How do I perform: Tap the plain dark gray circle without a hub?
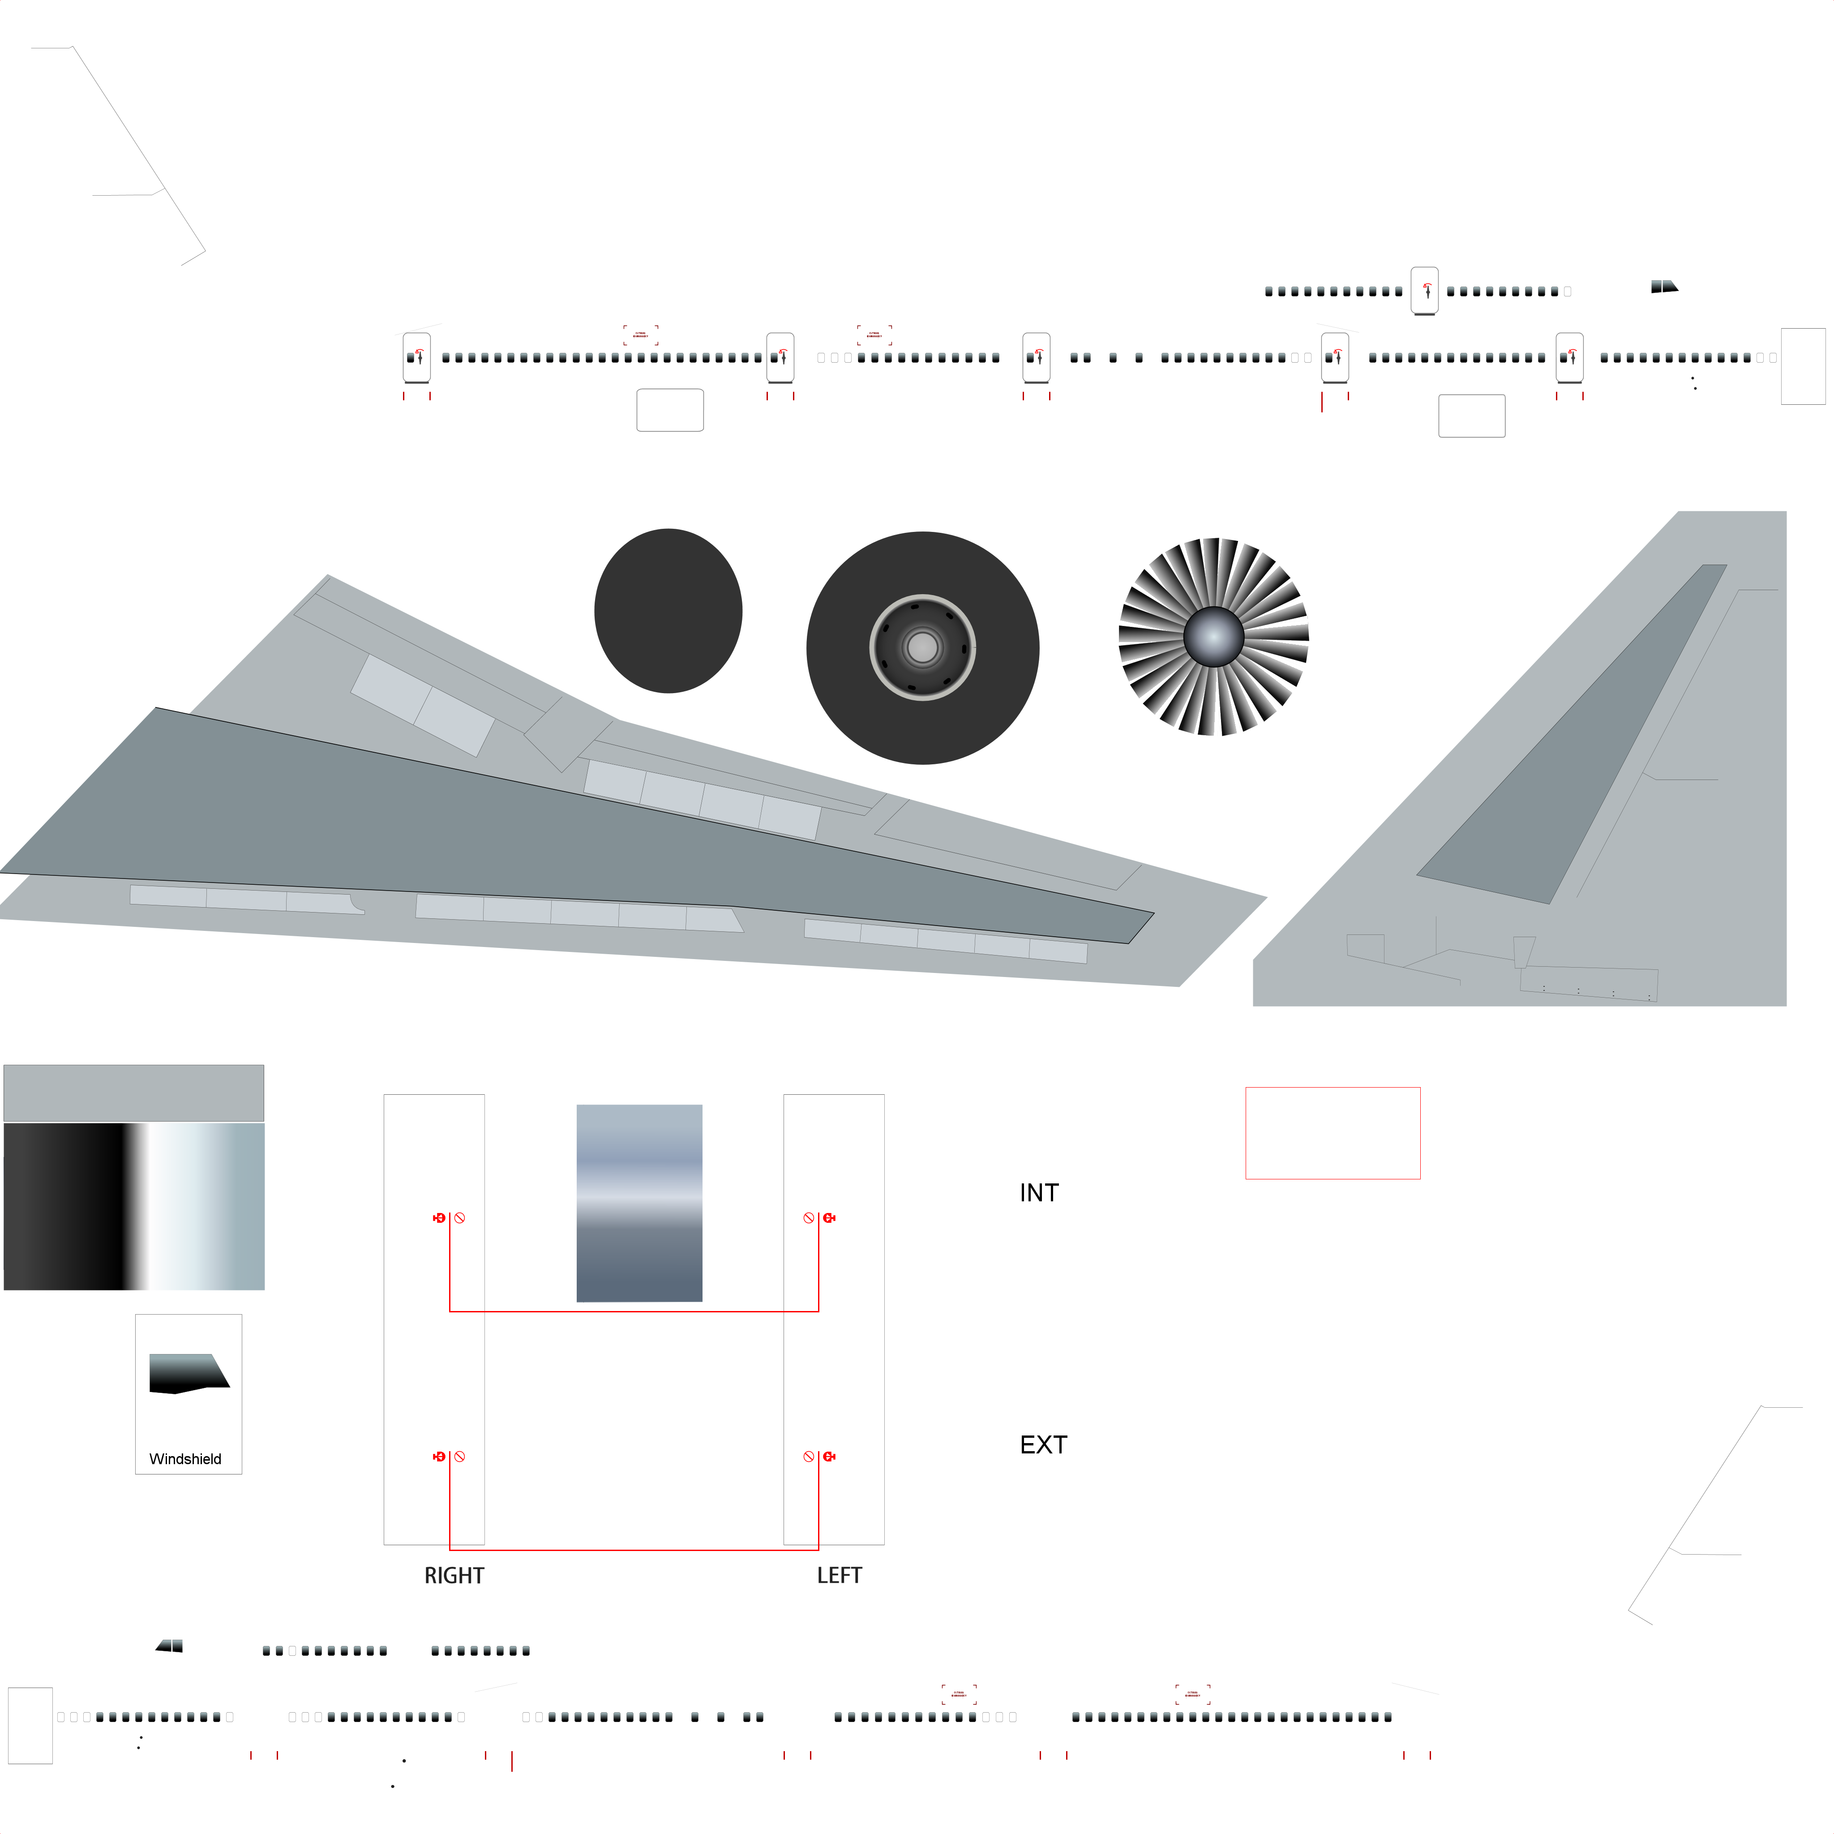pyautogui.click(x=668, y=610)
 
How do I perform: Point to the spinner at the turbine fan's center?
pyautogui.click(x=1213, y=636)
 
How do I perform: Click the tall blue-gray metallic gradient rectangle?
pyautogui.click(x=639, y=1203)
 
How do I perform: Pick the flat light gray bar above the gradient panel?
pyautogui.click(x=134, y=1093)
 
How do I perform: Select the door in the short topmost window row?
pyautogui.click(x=1424, y=291)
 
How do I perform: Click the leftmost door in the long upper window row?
pyautogui.click(x=417, y=358)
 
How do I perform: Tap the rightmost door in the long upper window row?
pyautogui.click(x=1569, y=358)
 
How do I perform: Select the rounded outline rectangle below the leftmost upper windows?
pyautogui.click(x=669, y=410)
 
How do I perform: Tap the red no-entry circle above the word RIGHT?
pyautogui.click(x=459, y=1456)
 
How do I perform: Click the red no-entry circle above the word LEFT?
pyautogui.click(x=809, y=1456)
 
